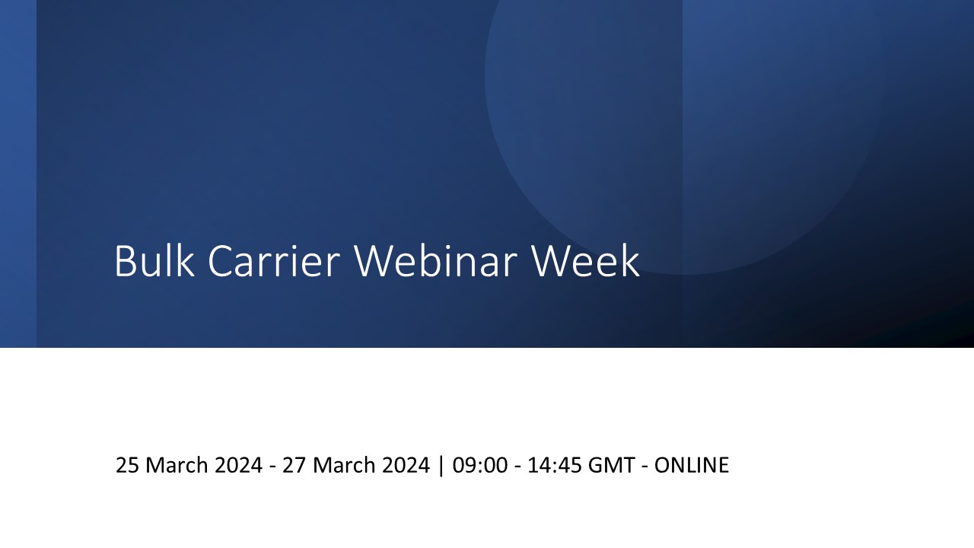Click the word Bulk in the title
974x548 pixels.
click(154, 260)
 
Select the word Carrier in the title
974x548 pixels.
click(273, 260)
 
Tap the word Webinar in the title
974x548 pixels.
click(436, 260)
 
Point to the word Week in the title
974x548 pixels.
click(585, 260)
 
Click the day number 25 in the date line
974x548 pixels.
click(127, 465)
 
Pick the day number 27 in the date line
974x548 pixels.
click(294, 465)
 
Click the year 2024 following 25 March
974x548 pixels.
click(239, 465)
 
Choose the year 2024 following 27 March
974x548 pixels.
click(406, 465)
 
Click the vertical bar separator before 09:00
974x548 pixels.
click(441, 466)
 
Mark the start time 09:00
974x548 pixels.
click(480, 465)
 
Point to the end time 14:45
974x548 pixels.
click(555, 465)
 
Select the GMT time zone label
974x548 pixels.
click(611, 465)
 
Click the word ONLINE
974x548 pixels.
click(692, 465)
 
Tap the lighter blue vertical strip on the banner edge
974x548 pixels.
click(18, 174)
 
